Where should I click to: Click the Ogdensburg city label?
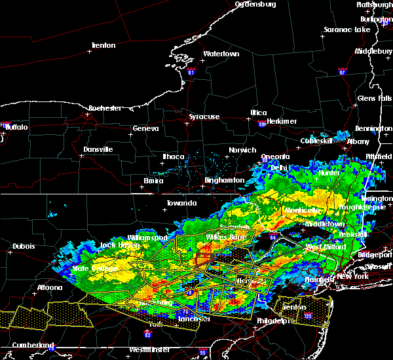tap(255, 4)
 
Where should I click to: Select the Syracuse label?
tap(204, 117)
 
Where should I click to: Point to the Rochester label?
tap(104, 107)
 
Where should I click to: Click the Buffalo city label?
tap(17, 127)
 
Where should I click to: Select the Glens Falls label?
tap(375, 98)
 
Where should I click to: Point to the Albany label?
tap(358, 141)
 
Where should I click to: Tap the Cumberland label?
tap(18, 344)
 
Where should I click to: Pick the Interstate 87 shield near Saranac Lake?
tap(343, 71)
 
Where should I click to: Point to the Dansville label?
tap(98, 149)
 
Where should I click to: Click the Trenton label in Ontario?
tap(103, 45)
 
